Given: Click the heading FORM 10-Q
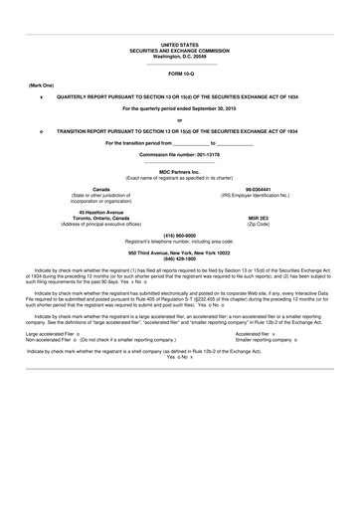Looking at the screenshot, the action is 179,75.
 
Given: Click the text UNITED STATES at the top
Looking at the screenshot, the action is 179,46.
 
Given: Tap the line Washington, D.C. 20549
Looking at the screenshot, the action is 179,56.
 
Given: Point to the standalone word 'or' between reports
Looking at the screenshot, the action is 179,119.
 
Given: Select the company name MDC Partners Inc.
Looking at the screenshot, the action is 179,172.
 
